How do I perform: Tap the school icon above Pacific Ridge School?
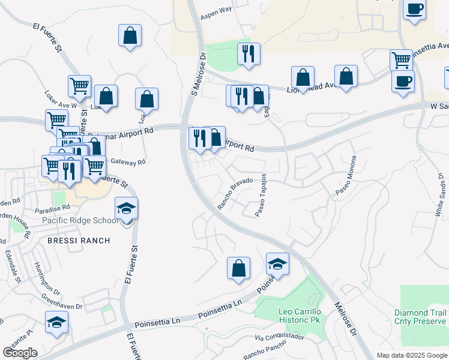point(127,209)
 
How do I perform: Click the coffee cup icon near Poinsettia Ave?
point(403,81)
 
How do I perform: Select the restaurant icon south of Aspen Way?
point(248,55)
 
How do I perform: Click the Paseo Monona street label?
point(346,175)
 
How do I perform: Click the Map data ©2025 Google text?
point(412,355)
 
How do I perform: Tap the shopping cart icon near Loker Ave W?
point(79,87)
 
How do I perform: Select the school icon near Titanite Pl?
point(56,322)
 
